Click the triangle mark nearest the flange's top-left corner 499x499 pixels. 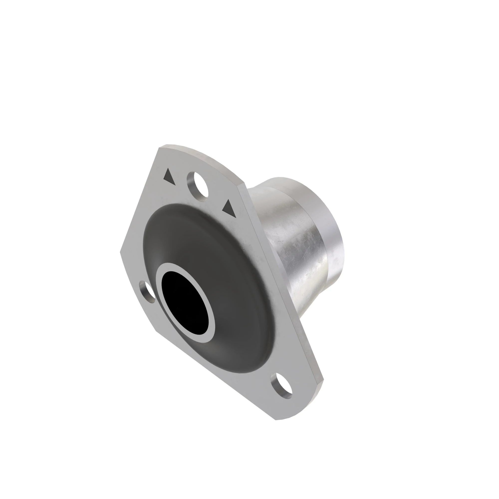click(x=169, y=177)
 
